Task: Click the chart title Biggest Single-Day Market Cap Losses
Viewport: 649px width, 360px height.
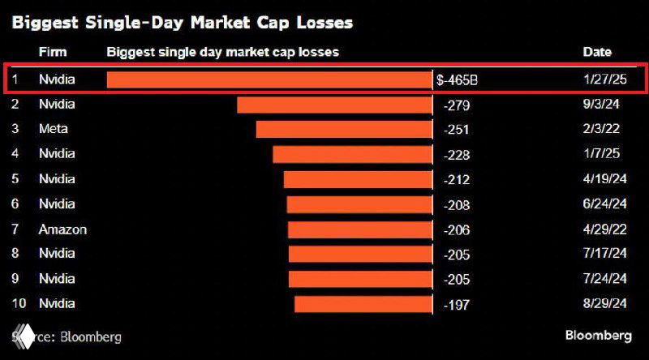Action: tap(183, 22)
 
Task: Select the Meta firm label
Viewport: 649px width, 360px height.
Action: tap(53, 129)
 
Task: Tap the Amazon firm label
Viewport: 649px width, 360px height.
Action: tap(62, 229)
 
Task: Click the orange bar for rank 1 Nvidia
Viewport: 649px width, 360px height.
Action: tap(269, 79)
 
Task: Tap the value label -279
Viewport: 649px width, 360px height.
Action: tap(458, 105)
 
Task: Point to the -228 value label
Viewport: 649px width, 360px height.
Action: tap(458, 154)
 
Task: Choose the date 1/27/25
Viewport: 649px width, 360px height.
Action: tap(604, 79)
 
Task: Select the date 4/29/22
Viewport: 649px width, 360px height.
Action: tap(605, 229)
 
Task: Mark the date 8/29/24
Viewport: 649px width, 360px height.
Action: tap(605, 304)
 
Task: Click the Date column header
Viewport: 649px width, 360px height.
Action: tap(596, 52)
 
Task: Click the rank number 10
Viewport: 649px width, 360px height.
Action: tap(19, 304)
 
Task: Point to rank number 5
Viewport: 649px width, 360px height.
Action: tap(16, 179)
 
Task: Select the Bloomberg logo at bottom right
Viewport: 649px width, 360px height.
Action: tap(598, 336)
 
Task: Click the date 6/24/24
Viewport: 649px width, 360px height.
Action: tap(605, 204)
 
